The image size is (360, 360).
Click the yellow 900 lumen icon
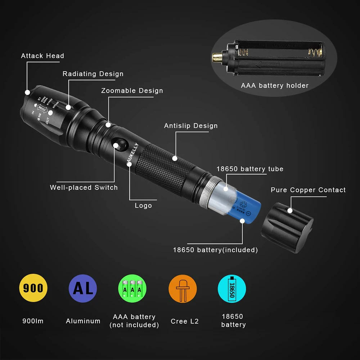33,288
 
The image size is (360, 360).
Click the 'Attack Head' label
42,56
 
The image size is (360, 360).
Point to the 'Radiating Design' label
93,74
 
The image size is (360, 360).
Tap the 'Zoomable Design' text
132,91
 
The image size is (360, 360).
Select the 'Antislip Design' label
191,126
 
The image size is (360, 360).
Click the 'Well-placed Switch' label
84,188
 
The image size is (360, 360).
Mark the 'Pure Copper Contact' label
308,190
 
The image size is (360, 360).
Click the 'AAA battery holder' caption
275,86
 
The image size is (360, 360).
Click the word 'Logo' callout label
143,206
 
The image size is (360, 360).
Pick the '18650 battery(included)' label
215,249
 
